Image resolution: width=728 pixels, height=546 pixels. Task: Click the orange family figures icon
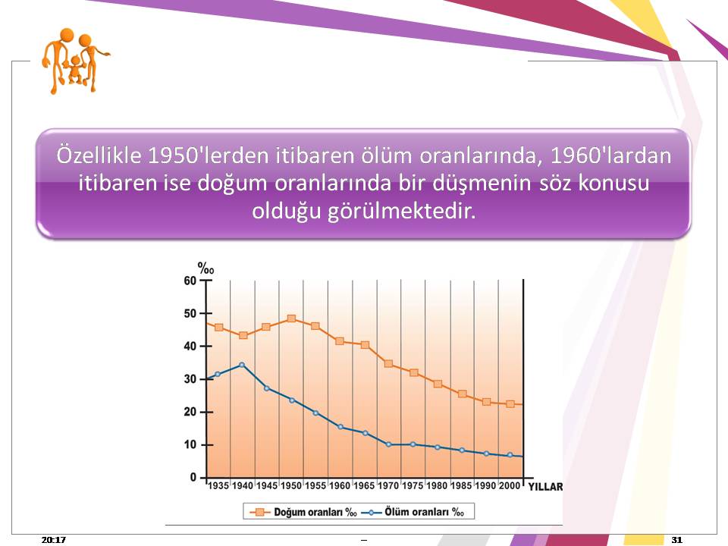75,61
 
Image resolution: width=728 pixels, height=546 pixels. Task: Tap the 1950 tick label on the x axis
291,485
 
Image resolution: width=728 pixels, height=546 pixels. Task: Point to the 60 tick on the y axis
190,281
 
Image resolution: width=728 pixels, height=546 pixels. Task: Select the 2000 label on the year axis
510,485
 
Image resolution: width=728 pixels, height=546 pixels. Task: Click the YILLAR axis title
545,487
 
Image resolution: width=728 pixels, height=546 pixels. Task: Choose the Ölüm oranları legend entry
413,512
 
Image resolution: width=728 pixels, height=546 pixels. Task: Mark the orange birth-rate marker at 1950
291,318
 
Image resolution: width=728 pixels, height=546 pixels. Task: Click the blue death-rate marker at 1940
241,365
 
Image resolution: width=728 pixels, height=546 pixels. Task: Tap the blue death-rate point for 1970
388,445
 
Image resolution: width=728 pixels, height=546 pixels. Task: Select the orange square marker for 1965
365,345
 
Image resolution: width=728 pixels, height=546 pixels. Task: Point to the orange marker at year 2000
510,404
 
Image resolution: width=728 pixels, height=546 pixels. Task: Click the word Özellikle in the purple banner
99,155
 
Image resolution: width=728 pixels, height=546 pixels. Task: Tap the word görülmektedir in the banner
402,212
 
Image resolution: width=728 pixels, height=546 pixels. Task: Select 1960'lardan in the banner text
610,155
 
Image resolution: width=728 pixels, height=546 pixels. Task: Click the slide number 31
677,539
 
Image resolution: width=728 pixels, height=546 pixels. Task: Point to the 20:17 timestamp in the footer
53,539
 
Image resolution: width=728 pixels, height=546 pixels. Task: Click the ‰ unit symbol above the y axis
206,268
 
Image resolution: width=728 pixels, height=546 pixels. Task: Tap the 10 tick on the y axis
190,445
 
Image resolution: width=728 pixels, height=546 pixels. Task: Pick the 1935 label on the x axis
218,485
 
